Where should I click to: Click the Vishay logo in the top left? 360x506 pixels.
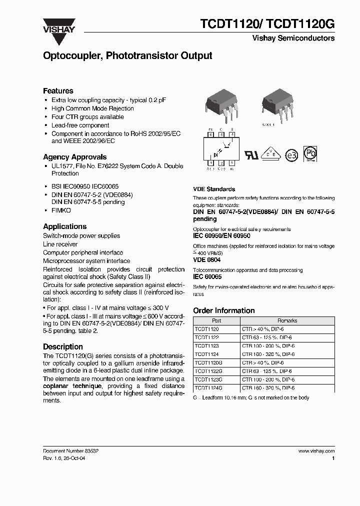click(58, 26)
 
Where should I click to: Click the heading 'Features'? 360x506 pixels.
click(58, 91)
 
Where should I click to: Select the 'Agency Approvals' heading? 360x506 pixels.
click(74, 157)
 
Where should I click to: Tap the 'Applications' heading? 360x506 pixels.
click(64, 226)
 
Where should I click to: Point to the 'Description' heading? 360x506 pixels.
click(63, 346)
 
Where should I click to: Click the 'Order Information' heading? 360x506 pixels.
click(223, 310)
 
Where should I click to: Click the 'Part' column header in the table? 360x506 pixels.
click(216, 321)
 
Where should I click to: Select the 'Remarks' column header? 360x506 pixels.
click(287, 321)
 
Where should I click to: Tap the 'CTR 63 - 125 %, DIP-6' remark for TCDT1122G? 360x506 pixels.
click(266, 371)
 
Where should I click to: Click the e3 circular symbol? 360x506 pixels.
click(291, 155)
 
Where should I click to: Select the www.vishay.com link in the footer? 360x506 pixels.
click(316, 450)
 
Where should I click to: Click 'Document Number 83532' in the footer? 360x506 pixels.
click(70, 450)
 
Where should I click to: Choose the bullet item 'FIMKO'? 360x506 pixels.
click(61, 211)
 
